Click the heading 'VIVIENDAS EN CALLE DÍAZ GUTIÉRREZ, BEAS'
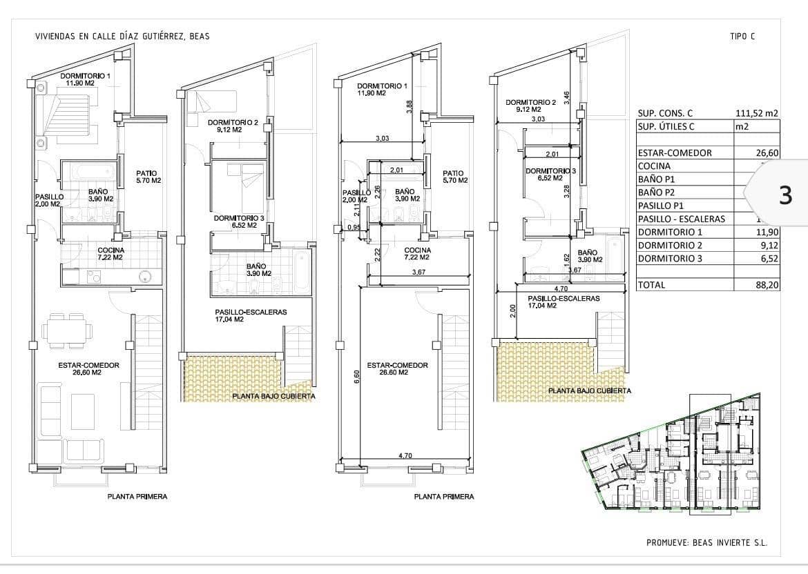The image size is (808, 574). click(x=122, y=37)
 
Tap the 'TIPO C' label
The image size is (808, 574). click(x=742, y=37)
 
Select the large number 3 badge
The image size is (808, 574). click(x=785, y=196)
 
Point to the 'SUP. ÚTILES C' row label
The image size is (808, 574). click(x=666, y=126)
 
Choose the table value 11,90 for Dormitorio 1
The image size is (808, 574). click(x=767, y=232)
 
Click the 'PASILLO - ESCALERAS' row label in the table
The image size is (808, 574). click(x=681, y=219)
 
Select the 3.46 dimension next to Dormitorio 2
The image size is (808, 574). click(x=567, y=98)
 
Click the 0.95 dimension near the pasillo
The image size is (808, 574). click(x=354, y=228)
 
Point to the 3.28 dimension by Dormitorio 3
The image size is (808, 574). click(x=567, y=191)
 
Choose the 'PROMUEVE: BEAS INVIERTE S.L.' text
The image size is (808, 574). click(x=706, y=543)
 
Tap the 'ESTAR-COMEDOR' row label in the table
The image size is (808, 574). click(x=675, y=153)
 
